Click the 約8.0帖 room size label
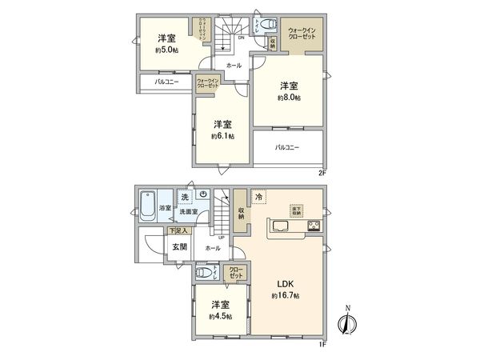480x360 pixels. (x=289, y=98)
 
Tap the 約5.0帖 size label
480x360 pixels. (x=167, y=50)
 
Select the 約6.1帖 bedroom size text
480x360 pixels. (x=222, y=137)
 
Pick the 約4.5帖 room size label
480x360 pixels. (x=222, y=317)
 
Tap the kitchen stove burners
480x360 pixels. (x=313, y=226)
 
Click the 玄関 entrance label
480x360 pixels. (x=180, y=247)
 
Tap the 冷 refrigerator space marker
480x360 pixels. (x=259, y=196)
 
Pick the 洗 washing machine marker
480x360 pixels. (x=184, y=197)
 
